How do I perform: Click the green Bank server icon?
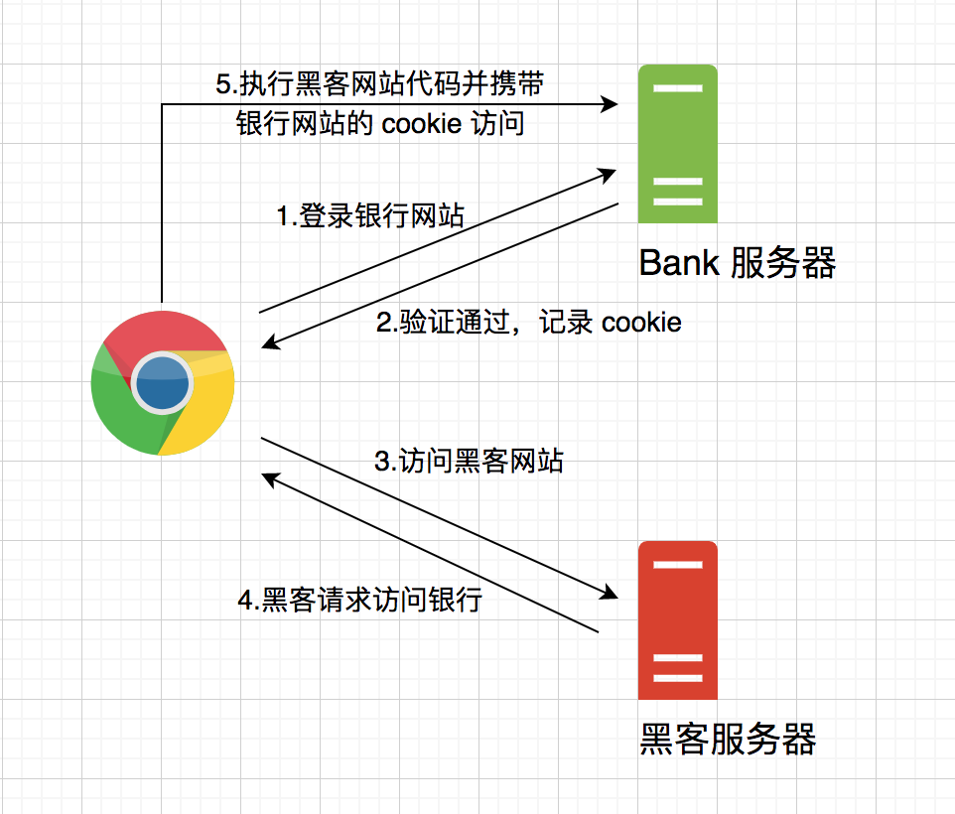pos(677,143)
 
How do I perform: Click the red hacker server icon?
pos(677,620)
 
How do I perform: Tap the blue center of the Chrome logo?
pos(162,382)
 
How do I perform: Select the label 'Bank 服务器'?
pos(737,263)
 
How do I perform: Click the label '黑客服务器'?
pos(727,740)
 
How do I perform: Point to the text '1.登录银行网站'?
pos(369,216)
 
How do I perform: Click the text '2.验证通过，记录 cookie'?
pos(529,323)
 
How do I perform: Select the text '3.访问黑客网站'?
pos(469,462)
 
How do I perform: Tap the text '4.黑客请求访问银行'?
pos(359,601)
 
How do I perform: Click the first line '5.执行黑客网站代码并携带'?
pos(379,84)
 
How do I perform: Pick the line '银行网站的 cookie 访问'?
pos(379,125)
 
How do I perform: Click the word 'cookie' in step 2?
pos(641,323)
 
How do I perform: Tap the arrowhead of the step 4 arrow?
pos(270,476)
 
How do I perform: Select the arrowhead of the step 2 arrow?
pos(271,343)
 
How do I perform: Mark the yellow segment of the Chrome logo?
pos(204,417)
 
